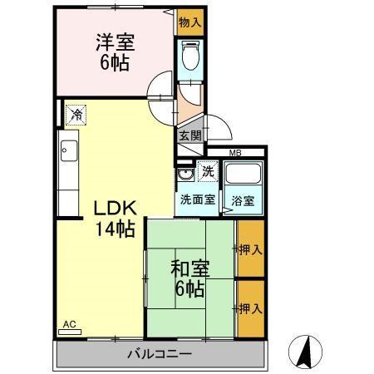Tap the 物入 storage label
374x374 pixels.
pyautogui.click(x=189, y=22)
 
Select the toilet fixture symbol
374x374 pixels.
pyautogui.click(x=189, y=60)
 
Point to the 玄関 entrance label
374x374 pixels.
pyautogui.click(x=189, y=135)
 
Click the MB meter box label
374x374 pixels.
pyautogui.click(x=235, y=153)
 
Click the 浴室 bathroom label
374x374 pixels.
pyautogui.click(x=243, y=200)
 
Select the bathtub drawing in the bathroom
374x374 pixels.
pyautogui.click(x=244, y=176)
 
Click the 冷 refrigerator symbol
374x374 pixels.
pyautogui.click(x=76, y=115)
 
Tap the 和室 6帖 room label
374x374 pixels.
pyautogui.click(x=190, y=278)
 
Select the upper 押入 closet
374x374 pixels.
pyautogui.click(x=250, y=249)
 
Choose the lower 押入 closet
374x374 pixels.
pyautogui.click(x=250, y=308)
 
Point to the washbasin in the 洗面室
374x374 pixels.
pyautogui.click(x=185, y=175)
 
